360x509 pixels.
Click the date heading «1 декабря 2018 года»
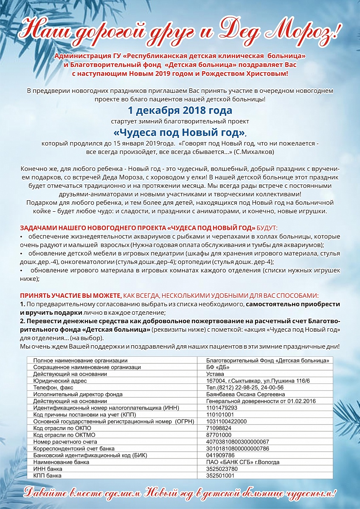click(x=180, y=111)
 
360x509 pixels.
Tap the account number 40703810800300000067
click(x=237, y=442)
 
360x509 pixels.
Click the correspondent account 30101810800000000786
click(x=237, y=448)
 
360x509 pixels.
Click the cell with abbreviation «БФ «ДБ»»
click(x=217, y=367)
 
